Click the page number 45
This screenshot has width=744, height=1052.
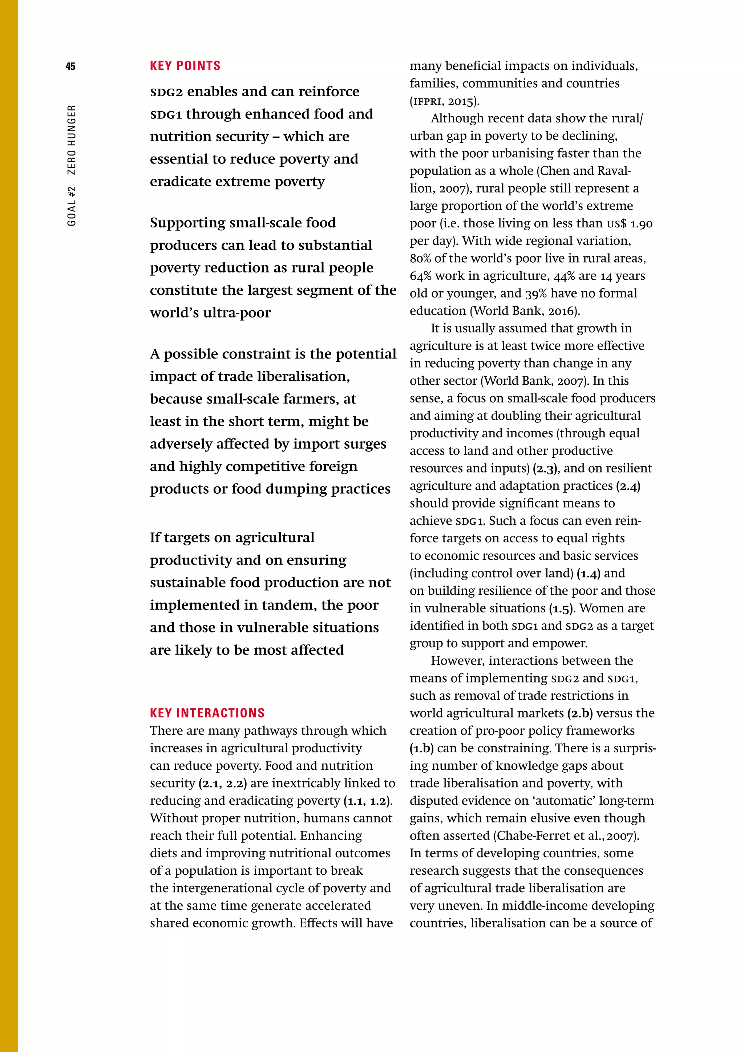[x=70, y=66]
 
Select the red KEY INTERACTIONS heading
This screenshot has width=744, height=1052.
[x=207, y=713]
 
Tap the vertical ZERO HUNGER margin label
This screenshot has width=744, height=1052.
[x=72, y=140]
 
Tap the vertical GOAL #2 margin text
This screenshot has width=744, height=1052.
[x=72, y=206]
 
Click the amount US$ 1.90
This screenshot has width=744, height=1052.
[x=629, y=224]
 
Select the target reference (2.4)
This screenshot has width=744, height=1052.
[x=628, y=486]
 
